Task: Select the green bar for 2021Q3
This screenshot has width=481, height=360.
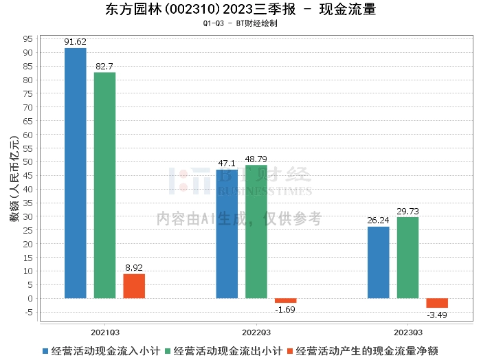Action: [x=104, y=185]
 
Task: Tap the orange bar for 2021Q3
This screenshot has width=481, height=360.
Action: [x=134, y=286]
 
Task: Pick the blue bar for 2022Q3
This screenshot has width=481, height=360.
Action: [x=227, y=234]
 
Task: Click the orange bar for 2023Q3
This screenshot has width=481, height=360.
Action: [x=437, y=303]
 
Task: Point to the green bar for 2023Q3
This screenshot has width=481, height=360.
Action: [x=407, y=258]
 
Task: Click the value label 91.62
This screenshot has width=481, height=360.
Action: [x=75, y=42]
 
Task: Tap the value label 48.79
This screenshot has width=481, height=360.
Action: [x=256, y=159]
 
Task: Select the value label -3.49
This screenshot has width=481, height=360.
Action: [x=437, y=315]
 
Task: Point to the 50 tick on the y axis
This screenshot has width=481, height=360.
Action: [x=28, y=162]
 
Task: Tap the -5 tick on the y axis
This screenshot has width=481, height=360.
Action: [x=28, y=312]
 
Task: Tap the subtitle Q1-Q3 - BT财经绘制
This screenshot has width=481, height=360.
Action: [x=240, y=23]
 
